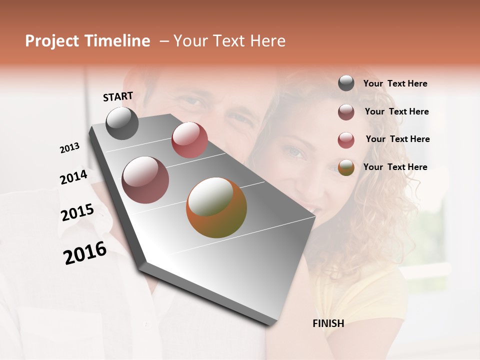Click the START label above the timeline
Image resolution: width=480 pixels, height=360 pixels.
click(x=118, y=96)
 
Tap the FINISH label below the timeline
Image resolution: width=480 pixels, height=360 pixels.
click(x=328, y=323)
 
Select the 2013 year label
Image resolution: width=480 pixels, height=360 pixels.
click(x=70, y=148)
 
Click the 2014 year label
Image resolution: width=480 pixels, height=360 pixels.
click(x=73, y=177)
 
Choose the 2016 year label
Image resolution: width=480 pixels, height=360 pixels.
click(x=85, y=253)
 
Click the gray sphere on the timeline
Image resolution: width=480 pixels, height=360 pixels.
click(x=122, y=123)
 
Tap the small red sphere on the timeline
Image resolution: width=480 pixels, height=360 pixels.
click(x=189, y=140)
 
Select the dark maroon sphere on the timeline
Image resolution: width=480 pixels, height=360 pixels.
click(x=145, y=180)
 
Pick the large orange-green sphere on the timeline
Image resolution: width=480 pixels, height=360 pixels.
click(x=216, y=207)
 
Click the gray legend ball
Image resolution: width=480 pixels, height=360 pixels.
click(x=346, y=83)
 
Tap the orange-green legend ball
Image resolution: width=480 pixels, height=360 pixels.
click(x=346, y=167)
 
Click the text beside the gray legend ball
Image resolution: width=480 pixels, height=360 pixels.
click(x=395, y=84)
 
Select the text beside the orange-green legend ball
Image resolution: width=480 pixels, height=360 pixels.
click(x=395, y=167)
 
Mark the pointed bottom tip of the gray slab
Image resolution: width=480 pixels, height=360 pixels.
click(x=270, y=324)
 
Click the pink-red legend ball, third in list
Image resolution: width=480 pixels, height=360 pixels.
click(x=346, y=140)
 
